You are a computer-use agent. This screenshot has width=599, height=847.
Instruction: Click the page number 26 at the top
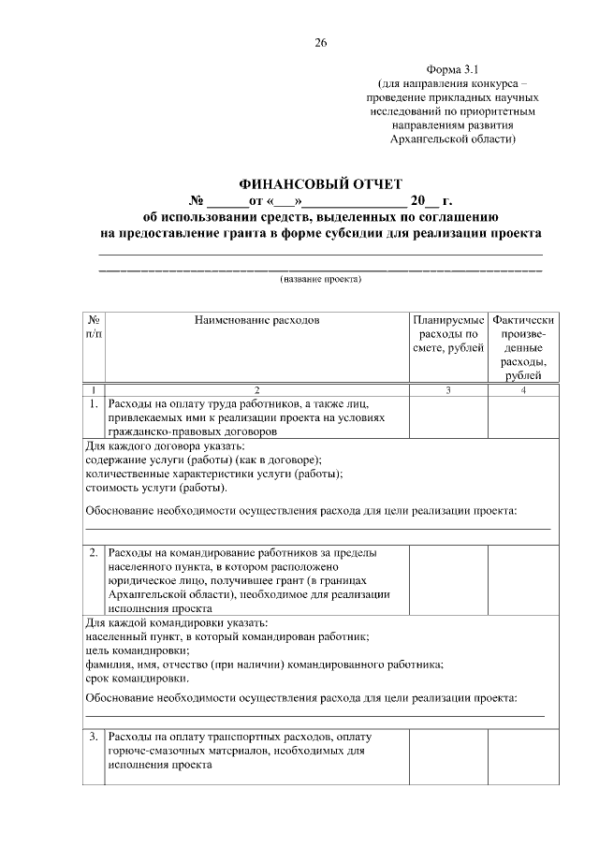320,42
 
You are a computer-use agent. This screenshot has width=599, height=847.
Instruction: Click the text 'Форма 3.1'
452,70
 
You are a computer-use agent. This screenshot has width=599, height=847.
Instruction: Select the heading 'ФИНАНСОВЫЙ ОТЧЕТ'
320,183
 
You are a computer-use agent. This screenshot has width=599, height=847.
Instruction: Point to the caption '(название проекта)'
320,279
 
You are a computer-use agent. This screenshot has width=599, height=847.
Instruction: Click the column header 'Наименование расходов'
256,320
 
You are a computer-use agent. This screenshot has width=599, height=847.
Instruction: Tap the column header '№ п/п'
94,327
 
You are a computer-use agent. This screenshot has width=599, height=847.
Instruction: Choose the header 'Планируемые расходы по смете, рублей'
448,334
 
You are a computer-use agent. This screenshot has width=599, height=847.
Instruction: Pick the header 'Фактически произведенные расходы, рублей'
529,347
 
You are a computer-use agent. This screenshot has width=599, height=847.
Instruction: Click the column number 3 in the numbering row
448,389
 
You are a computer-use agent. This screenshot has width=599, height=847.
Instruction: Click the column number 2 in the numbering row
256,389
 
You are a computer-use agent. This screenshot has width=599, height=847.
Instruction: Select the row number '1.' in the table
94,405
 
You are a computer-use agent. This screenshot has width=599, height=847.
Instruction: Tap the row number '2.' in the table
94,552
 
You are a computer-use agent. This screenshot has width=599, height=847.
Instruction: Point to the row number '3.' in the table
94,737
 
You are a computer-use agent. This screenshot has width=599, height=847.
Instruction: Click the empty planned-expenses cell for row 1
448,418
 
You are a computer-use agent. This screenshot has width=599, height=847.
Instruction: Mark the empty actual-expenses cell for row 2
529,579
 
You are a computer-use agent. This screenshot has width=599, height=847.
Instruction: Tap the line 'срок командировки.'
137,679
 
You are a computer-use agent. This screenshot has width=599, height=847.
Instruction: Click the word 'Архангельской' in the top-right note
422,139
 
